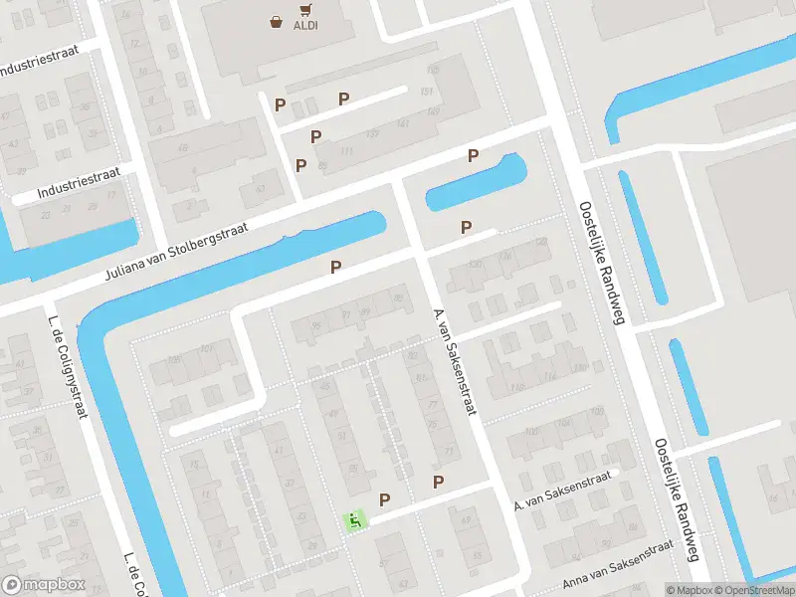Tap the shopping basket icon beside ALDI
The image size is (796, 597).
(276, 21)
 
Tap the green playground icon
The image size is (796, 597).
(353, 519)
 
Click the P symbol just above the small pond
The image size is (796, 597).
(474, 156)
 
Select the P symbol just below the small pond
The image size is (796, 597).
(466, 228)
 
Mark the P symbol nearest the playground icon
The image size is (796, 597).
(384, 499)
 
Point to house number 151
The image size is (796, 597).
(428, 94)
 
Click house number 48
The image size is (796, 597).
(182, 149)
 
